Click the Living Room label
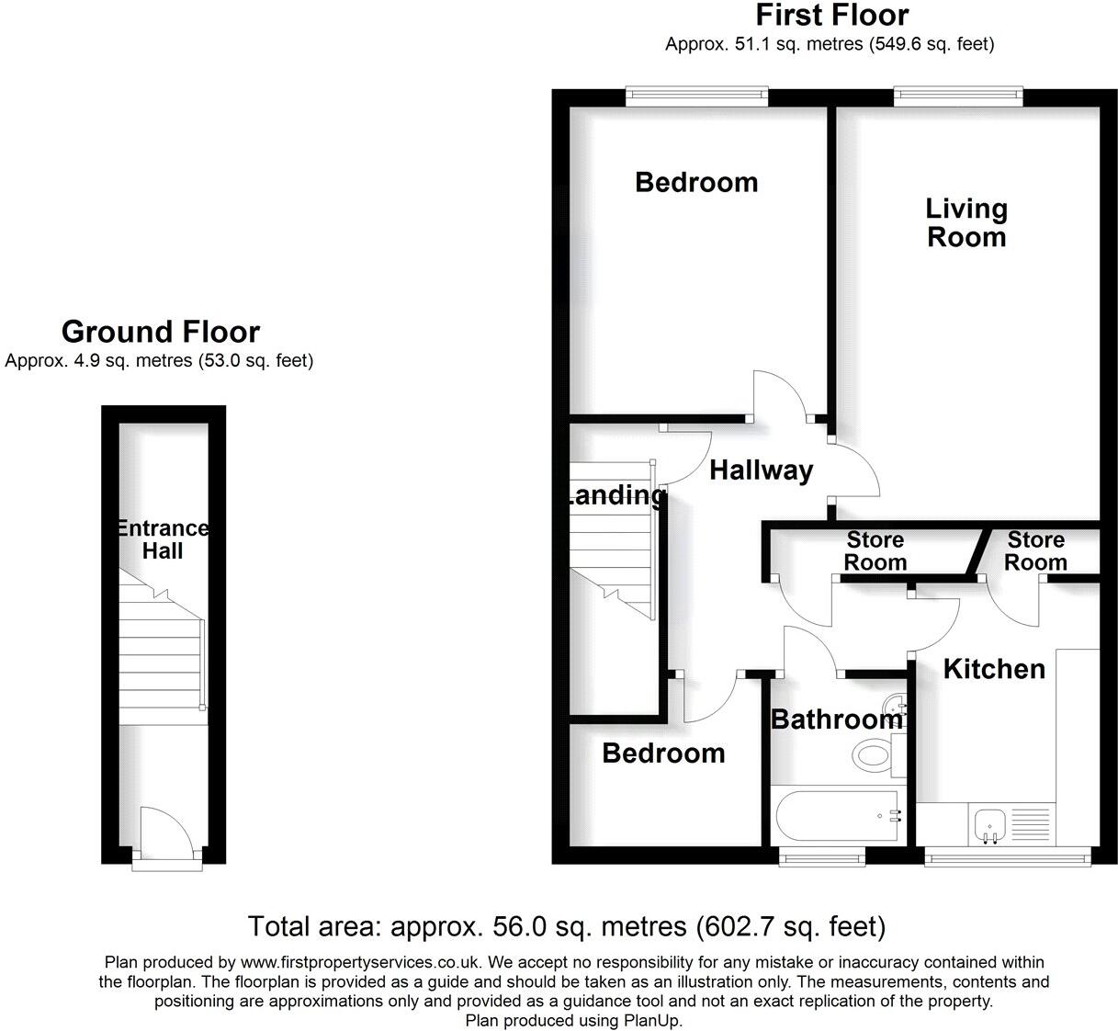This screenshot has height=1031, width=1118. [966, 223]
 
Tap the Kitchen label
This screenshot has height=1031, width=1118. [994, 669]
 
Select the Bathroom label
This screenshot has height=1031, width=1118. [836, 719]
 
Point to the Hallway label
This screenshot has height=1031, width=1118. [762, 470]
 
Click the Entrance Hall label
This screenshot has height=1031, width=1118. [163, 539]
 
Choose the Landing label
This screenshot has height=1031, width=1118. [614, 496]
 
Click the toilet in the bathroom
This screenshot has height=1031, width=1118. [875, 757]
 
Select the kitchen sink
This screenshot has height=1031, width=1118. [990, 824]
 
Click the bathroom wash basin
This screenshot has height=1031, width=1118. [895, 708]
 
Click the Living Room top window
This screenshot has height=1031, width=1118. [957, 93]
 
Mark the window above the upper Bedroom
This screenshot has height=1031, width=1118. [696, 93]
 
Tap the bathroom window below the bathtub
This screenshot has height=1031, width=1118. [821, 857]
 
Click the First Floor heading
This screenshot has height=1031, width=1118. [831, 16]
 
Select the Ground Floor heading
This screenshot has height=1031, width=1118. [160, 332]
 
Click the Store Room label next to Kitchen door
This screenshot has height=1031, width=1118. [1035, 550]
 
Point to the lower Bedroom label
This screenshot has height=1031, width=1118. [663, 753]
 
